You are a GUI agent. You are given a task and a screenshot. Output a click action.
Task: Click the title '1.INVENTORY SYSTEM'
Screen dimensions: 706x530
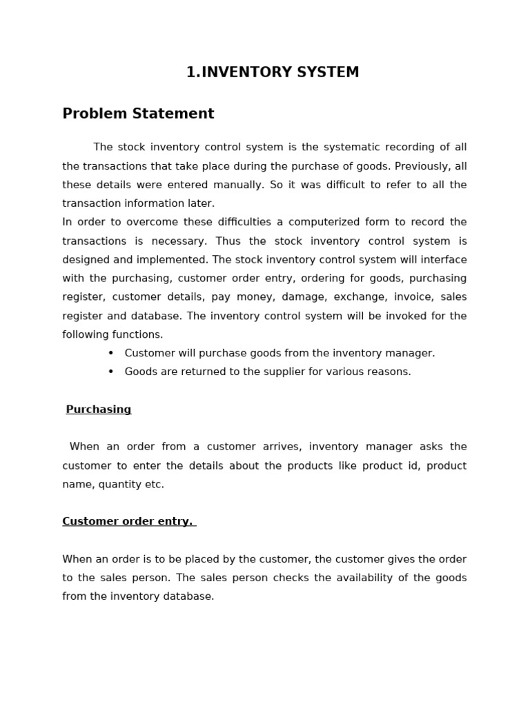273,72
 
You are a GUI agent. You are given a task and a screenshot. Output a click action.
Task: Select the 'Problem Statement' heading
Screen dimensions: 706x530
138,114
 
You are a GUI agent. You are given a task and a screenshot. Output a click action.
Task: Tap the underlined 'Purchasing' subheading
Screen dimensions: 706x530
98,410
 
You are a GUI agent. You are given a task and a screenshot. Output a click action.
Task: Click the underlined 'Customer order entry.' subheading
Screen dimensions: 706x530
128,521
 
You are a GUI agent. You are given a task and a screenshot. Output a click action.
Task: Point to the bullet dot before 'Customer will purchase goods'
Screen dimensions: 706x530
110,353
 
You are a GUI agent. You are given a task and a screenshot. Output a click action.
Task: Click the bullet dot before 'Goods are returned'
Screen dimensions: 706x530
110,372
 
